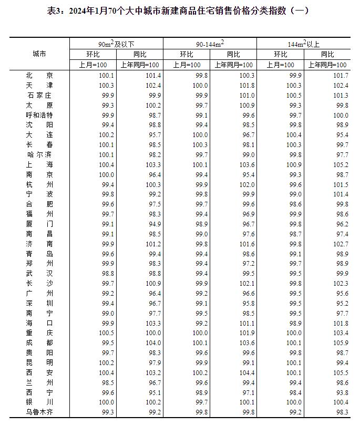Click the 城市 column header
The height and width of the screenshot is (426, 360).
click(x=39, y=54)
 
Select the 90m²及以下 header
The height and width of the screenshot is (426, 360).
click(x=117, y=44)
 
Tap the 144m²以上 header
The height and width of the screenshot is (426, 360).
click(x=304, y=44)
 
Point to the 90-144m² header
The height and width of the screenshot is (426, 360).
click(x=210, y=44)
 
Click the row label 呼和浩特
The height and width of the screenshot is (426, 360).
click(x=39, y=115)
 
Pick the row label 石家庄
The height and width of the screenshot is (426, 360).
click(x=39, y=95)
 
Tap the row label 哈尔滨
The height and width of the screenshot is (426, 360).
click(x=39, y=154)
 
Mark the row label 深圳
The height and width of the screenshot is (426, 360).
click(x=39, y=303)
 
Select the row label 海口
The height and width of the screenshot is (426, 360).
click(x=39, y=323)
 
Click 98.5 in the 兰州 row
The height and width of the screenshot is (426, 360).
click(x=107, y=382)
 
